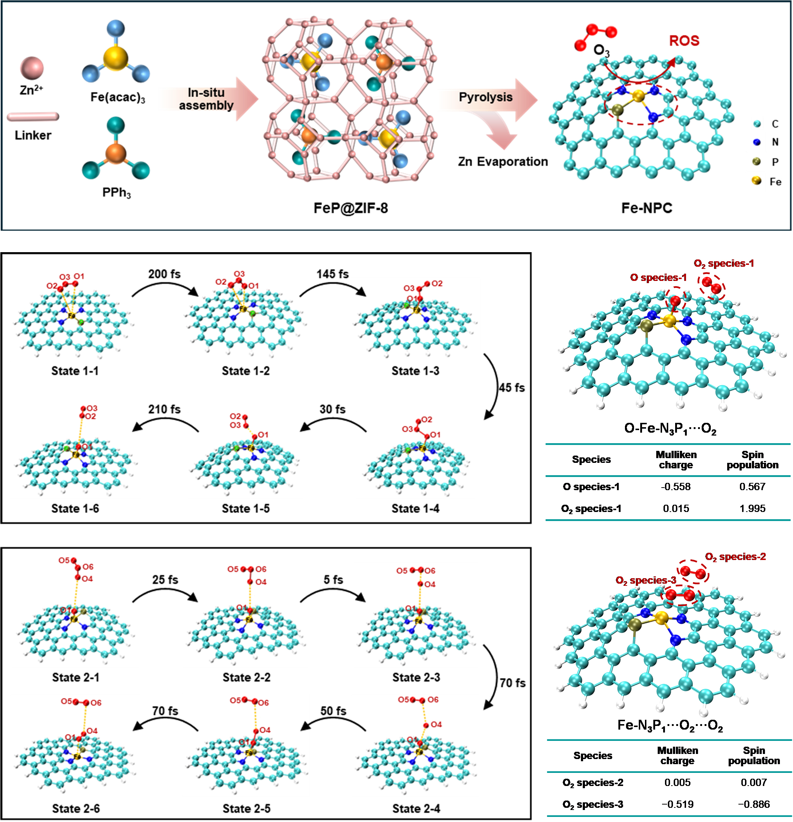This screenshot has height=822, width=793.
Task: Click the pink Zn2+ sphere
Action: pos(32,68)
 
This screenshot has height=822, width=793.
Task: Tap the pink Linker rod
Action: pos(33,116)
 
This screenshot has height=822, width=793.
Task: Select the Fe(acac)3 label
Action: pos(117,97)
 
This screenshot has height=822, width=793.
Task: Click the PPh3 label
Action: pos(116,192)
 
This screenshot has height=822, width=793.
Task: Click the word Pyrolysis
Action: pos(485,97)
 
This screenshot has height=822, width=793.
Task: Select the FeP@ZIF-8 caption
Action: pos(351,208)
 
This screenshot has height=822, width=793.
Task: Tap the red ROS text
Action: pos(684,41)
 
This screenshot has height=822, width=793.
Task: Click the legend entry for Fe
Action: pos(774,182)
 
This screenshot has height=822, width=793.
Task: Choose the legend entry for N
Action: pos(774,142)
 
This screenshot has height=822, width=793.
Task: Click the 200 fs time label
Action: pos(164,274)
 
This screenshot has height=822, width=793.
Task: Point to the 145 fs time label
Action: pos(332,274)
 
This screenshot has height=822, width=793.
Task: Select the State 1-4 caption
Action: pos(415,509)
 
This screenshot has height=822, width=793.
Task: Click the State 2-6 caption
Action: pos(76,809)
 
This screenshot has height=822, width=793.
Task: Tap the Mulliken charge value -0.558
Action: pos(675,487)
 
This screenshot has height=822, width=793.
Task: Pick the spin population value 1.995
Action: pos(752,508)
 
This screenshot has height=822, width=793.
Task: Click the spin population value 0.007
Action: pos(754,782)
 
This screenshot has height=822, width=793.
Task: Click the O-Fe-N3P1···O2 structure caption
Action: pos(670,429)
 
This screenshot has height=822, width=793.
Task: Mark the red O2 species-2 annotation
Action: pos(735,556)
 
